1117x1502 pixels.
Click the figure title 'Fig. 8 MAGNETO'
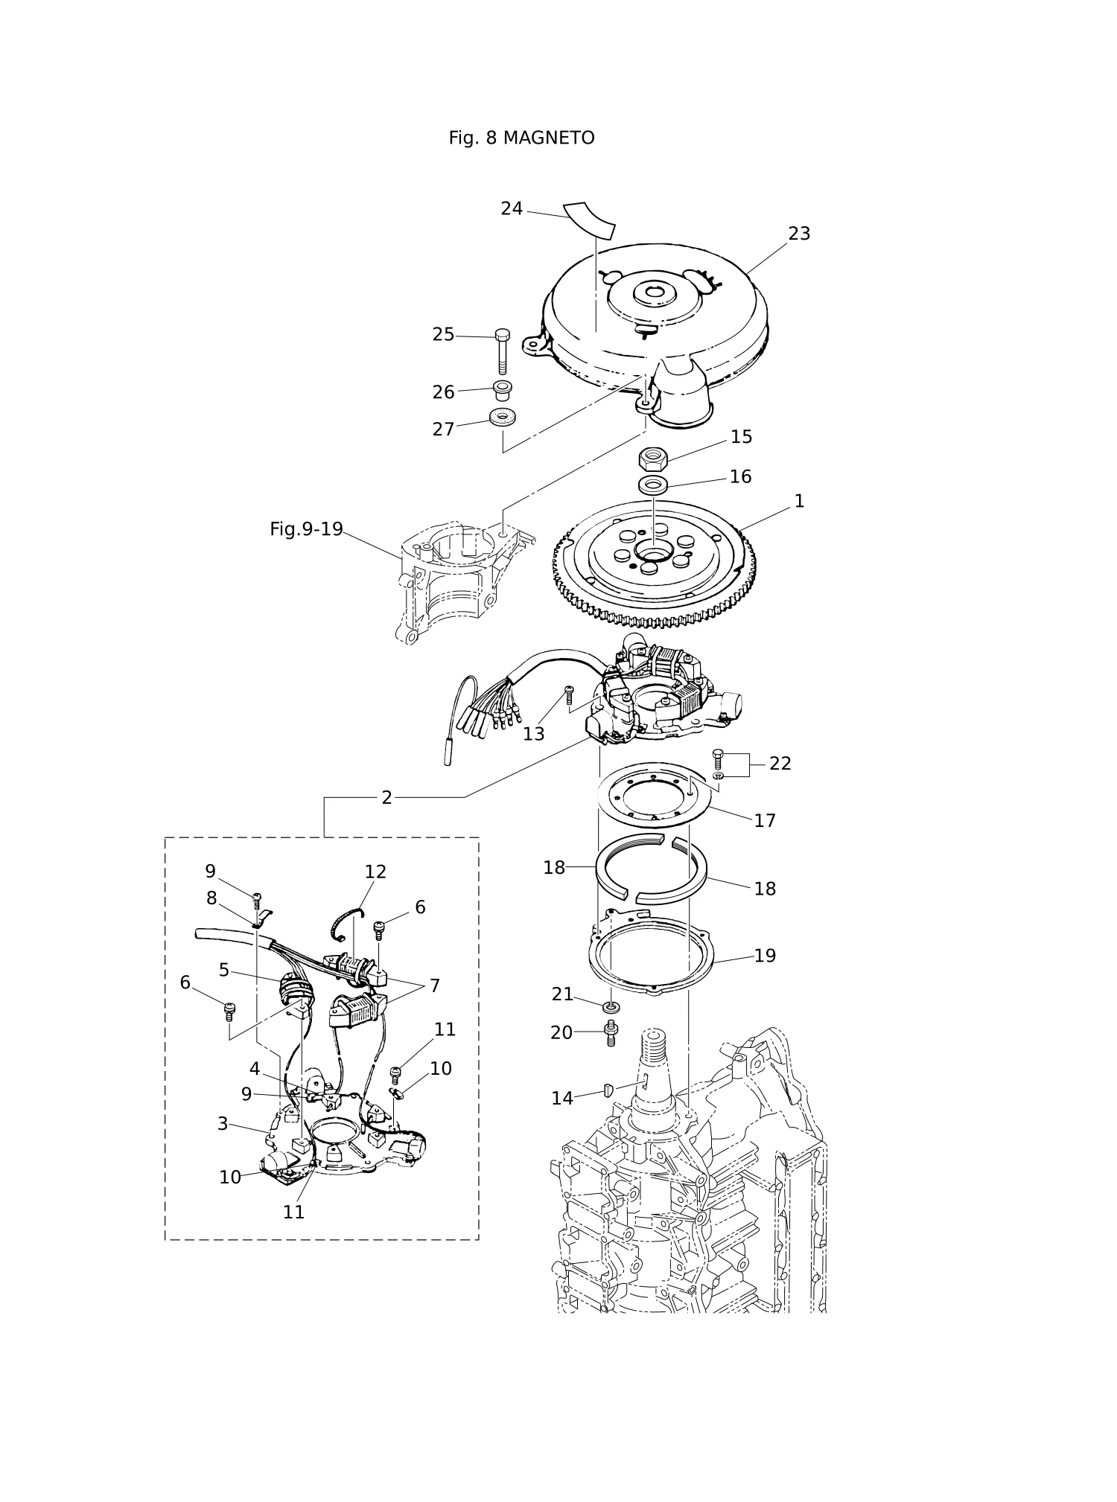(521, 138)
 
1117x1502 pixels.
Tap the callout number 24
(512, 209)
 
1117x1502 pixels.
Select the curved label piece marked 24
(589, 220)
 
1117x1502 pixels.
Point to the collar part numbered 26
(503, 389)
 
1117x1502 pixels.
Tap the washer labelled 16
(653, 485)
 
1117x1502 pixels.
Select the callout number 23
(799, 234)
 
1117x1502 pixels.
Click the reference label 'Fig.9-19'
(306, 529)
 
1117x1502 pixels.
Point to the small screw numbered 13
(569, 695)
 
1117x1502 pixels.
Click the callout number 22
(780, 764)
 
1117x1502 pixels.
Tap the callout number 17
(765, 821)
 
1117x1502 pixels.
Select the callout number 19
(765, 956)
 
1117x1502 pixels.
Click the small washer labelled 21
(611, 1007)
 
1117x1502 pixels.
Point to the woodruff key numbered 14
(608, 1091)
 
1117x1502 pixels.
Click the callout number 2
(386, 798)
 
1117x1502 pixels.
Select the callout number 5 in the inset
(224, 970)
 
